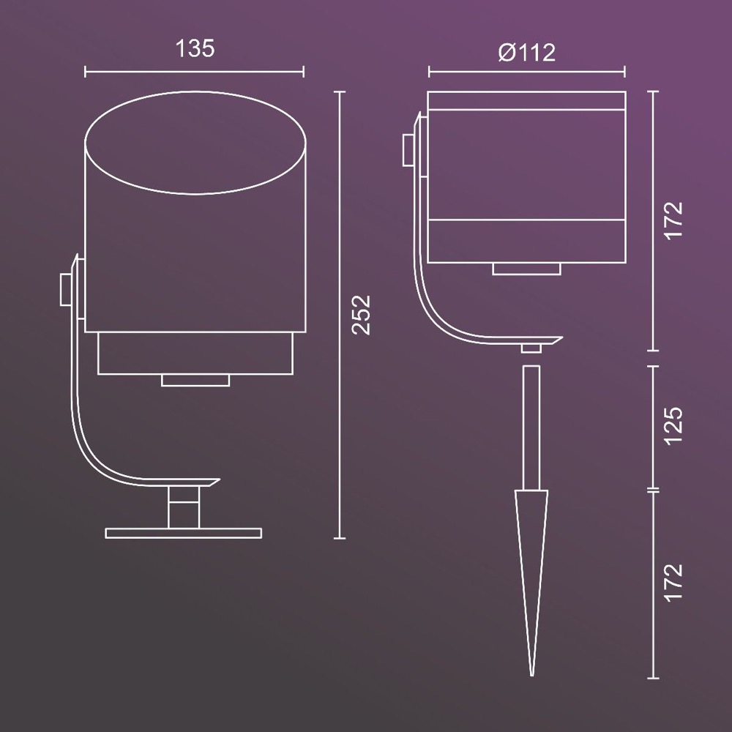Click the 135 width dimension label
pyautogui.click(x=195, y=48)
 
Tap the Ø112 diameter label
pyautogui.click(x=526, y=52)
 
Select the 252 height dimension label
pyautogui.click(x=361, y=315)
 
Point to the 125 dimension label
pyautogui.click(x=673, y=426)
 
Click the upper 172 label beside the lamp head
pyautogui.click(x=673, y=221)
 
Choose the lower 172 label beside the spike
pyautogui.click(x=673, y=583)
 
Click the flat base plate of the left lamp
pyautogui.click(x=184, y=533)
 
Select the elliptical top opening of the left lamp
pyautogui.click(x=195, y=143)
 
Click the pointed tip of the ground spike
pyautogui.click(x=531, y=675)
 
